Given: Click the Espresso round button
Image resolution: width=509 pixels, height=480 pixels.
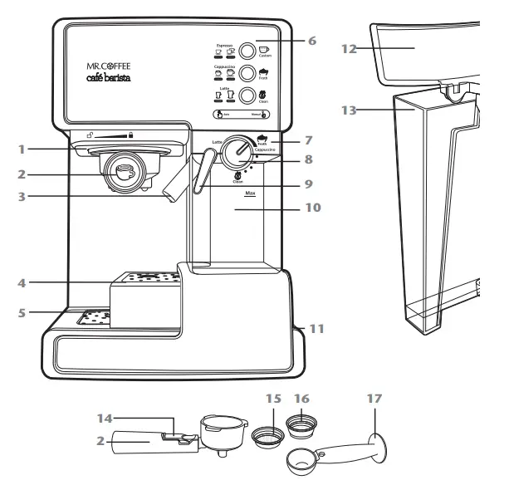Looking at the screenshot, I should pos(247,49).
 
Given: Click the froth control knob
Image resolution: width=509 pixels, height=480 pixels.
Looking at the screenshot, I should pos(240,152).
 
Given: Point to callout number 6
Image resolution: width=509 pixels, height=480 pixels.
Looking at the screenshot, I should pos(311,39).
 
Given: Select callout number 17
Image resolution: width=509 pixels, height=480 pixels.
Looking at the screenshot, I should pos(373,398).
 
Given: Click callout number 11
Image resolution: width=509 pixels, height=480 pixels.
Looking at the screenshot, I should pos(316,329).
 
